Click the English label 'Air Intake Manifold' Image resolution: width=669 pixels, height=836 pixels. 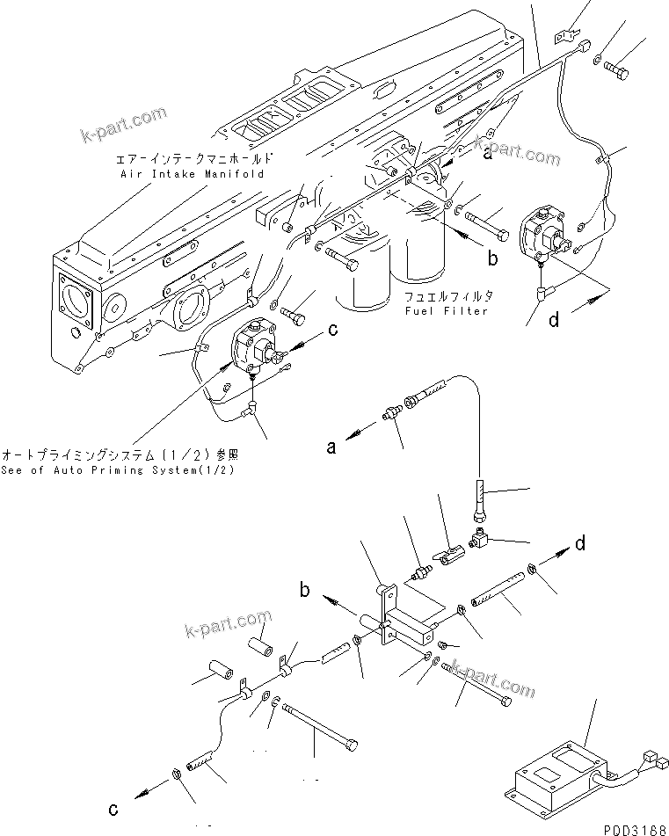(192, 174)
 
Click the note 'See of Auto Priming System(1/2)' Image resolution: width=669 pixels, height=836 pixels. (122, 469)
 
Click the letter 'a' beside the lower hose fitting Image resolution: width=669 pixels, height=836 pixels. (331, 447)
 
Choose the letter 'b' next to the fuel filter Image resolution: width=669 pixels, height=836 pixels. (493, 258)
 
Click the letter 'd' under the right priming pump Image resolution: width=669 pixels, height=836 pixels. (553, 320)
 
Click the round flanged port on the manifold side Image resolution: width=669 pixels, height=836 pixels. (189, 309)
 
